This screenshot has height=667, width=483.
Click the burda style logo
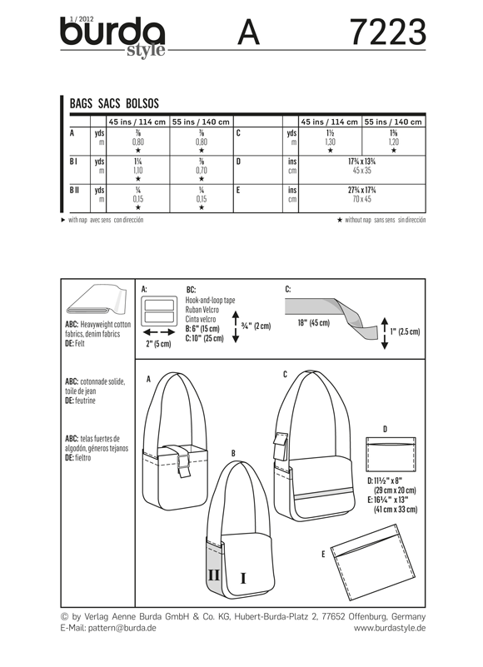click(x=112, y=37)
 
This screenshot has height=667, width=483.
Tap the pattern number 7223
click(x=388, y=32)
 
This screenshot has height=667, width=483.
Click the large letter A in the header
click(x=248, y=32)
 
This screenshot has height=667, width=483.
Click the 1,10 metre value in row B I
click(x=138, y=170)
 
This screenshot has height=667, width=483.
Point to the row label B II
click(x=74, y=190)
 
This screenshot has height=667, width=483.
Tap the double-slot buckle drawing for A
click(x=159, y=311)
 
